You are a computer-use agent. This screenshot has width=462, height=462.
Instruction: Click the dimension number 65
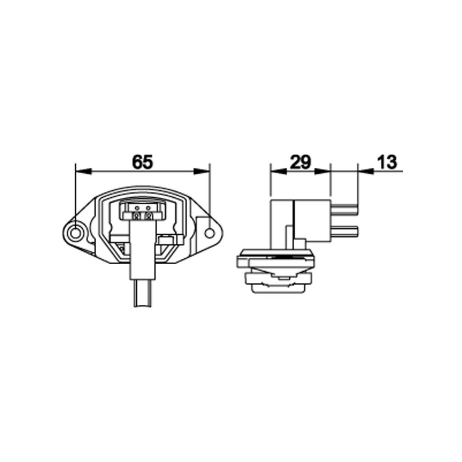(143, 162)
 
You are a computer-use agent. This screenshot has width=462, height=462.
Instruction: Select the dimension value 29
(300, 162)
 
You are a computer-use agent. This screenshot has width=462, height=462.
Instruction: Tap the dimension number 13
(387, 162)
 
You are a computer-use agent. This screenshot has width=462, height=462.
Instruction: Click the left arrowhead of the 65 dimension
(84, 171)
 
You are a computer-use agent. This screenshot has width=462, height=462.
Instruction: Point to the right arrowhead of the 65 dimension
(201, 171)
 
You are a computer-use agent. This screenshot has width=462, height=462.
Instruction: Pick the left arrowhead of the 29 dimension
(278, 171)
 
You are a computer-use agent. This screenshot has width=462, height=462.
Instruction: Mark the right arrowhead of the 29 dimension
(322, 171)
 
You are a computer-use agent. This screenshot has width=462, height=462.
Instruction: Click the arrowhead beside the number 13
(366, 171)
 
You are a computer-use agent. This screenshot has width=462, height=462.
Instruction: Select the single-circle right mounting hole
(210, 233)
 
